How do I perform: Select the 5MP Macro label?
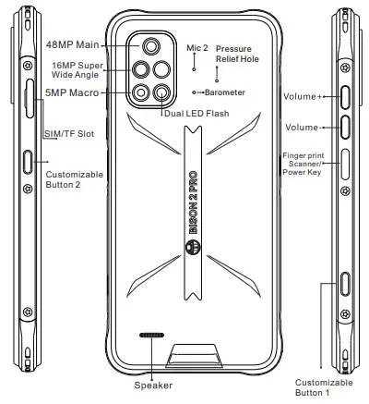[72, 92]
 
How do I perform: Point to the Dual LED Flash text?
[195, 114]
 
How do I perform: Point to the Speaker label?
[153, 385]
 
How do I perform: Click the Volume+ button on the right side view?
[347, 95]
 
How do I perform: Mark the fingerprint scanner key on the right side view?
[347, 163]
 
